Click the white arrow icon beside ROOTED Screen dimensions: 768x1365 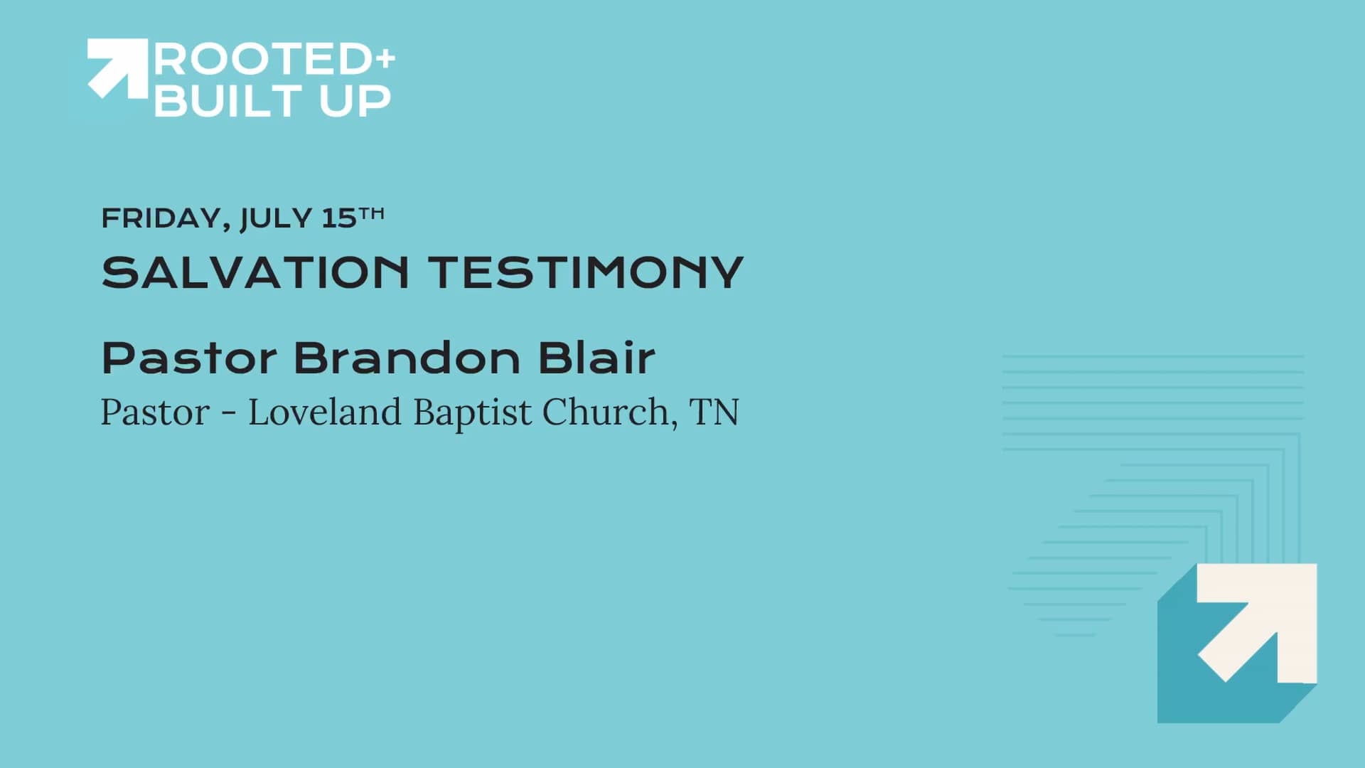(x=117, y=67)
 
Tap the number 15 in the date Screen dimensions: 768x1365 (x=338, y=218)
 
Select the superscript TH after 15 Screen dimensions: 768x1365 (x=371, y=213)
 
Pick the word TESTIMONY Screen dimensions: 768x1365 (x=585, y=272)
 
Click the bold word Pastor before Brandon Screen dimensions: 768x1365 (x=189, y=358)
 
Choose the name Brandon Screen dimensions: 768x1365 (x=407, y=358)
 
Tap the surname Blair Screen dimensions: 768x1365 (x=596, y=358)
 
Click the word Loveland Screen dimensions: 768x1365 (x=324, y=412)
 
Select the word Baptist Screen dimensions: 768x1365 (x=472, y=412)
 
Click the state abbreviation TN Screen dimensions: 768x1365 (x=714, y=412)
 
